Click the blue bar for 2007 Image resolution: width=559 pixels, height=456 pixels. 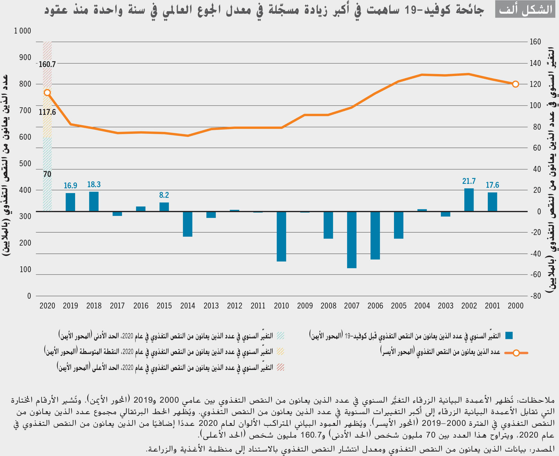(352, 239)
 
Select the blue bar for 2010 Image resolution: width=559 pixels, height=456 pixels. (281, 236)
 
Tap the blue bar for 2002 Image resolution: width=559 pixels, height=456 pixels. (469, 200)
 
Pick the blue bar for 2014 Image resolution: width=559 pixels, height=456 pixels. (187, 224)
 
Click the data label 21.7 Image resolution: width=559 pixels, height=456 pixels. (469, 181)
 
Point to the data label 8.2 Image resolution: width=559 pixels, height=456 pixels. (164, 195)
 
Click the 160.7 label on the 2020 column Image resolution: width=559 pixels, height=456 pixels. (47, 64)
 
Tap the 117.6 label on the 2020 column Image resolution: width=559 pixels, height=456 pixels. (47, 112)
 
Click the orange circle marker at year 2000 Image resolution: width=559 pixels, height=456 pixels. (515, 84)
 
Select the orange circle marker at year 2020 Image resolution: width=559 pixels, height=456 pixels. (47, 93)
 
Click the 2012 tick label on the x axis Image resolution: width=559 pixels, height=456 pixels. (235, 306)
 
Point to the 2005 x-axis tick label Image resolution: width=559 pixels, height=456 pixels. (398, 306)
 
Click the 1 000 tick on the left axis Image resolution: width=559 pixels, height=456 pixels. (23, 31)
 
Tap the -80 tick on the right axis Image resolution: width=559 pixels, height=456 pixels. (535, 296)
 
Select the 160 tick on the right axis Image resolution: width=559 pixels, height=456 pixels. (535, 42)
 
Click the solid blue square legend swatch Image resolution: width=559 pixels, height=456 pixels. (509, 336)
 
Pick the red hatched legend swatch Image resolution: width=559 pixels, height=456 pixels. (280, 367)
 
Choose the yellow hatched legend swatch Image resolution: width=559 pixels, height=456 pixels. (280, 351)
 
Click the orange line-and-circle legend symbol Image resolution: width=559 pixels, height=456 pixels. (516, 353)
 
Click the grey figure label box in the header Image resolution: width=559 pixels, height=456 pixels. (525, 9)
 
